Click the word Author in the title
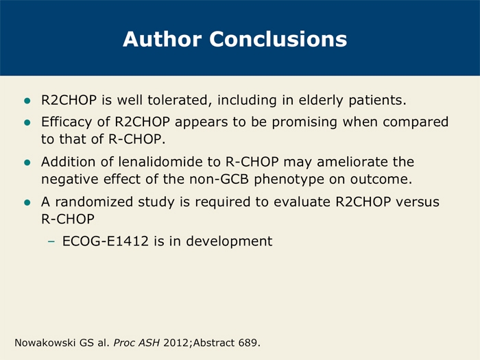pyautogui.click(x=163, y=39)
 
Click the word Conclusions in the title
pyautogui.click(x=278, y=39)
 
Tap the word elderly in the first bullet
pyautogui.click(x=321, y=101)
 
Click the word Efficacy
pyautogui.click(x=67, y=122)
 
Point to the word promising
pyautogui.click(x=305, y=123)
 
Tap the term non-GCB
pyautogui.click(x=219, y=179)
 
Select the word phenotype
pyautogui.click(x=289, y=180)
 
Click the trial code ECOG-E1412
pyautogui.click(x=106, y=241)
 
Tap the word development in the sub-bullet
pyautogui.click(x=229, y=241)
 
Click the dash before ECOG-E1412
pyautogui.click(x=51, y=241)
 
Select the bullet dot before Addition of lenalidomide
pyautogui.click(x=27, y=163)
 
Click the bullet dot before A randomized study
pyautogui.click(x=27, y=202)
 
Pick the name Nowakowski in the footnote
pyautogui.click(x=45, y=343)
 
